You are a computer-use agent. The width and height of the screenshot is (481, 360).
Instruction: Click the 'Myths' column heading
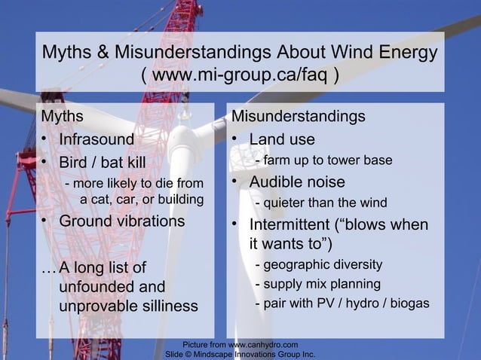tap(62, 117)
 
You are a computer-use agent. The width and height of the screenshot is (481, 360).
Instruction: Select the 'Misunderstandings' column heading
tap(298, 117)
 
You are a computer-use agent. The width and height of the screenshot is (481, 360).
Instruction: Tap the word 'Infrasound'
tap(97, 139)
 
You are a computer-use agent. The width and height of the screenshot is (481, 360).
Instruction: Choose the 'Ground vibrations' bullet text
tap(122, 221)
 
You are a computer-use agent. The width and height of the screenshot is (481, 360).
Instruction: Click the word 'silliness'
tap(167, 306)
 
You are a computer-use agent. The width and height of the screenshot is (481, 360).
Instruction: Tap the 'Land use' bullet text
tap(282, 140)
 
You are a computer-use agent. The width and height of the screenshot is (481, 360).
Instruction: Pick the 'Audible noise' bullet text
tap(297, 182)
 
